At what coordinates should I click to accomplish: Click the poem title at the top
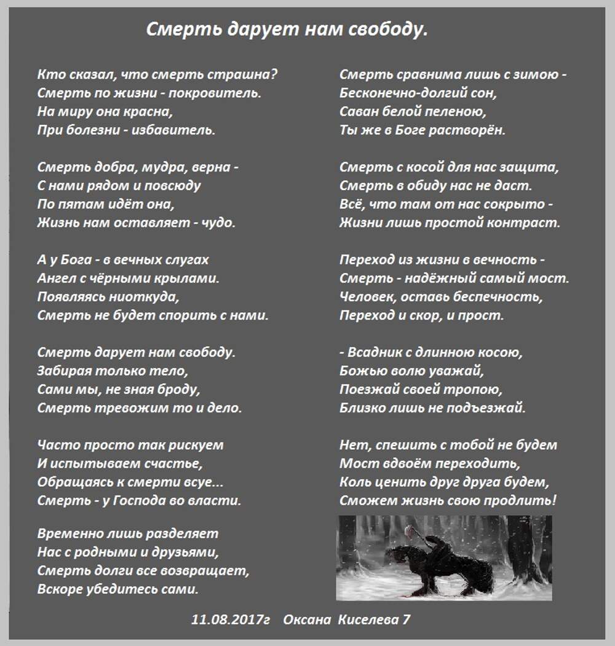click(287, 30)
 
